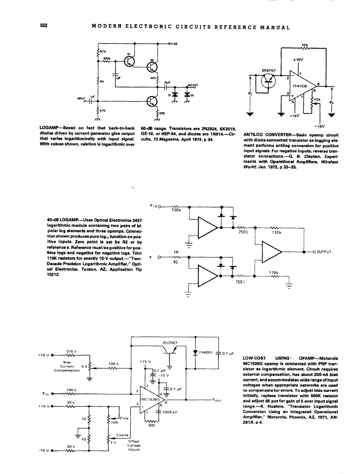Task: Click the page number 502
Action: pyautogui.click(x=44, y=26)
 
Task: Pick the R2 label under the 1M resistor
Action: pyautogui.click(x=176, y=262)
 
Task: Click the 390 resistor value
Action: pyautogui.click(x=151, y=426)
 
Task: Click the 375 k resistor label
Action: pyautogui.click(x=71, y=351)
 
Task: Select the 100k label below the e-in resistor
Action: pyautogui.click(x=176, y=210)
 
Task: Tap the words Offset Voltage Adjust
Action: pyautogui.click(x=134, y=445)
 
